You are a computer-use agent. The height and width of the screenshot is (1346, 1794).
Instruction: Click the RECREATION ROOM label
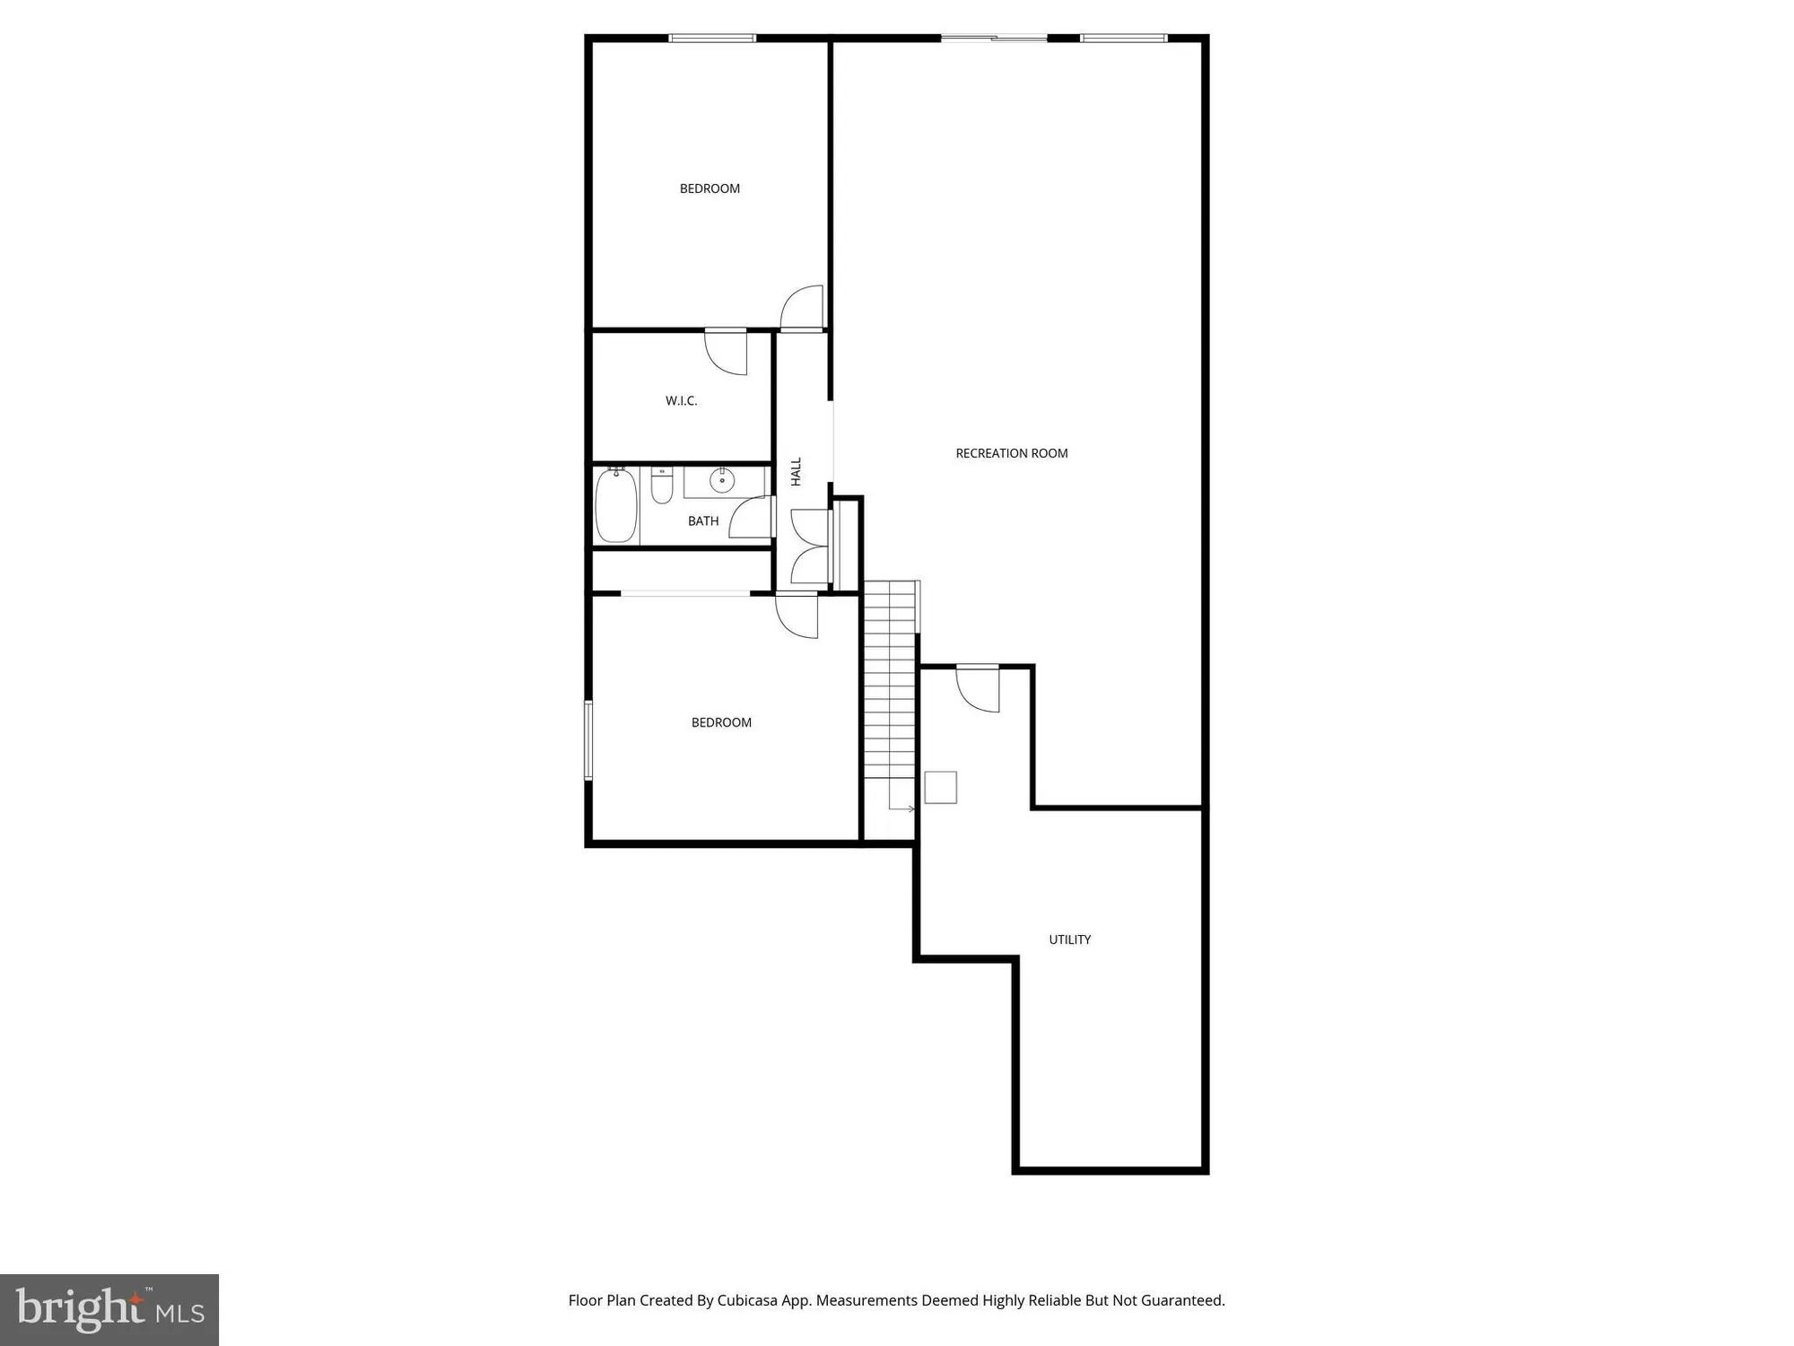pyautogui.click(x=1011, y=453)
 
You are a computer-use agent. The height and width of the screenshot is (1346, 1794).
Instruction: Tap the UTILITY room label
pyautogui.click(x=1069, y=940)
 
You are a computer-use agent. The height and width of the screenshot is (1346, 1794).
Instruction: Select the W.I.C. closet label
pyautogui.click(x=681, y=401)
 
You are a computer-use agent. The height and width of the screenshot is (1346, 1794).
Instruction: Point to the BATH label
pyautogui.click(x=703, y=521)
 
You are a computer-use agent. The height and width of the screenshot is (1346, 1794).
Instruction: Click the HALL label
pyautogui.click(x=796, y=472)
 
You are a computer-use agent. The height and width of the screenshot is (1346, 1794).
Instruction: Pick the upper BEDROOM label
pyautogui.click(x=710, y=188)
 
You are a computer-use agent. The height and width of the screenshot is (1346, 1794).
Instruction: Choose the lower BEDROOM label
pyautogui.click(x=721, y=722)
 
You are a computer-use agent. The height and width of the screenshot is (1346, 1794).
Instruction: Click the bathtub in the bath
pyautogui.click(x=616, y=505)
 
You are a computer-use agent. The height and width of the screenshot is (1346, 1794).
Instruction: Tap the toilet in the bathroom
pyautogui.click(x=662, y=485)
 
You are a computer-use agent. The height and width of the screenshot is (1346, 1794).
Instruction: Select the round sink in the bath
pyautogui.click(x=722, y=481)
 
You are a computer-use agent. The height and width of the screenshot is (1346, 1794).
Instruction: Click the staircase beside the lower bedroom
pyautogui.click(x=889, y=691)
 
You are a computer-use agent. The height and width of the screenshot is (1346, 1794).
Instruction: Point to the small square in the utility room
pyautogui.click(x=941, y=787)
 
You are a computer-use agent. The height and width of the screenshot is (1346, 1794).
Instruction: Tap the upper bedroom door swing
pyautogui.click(x=804, y=308)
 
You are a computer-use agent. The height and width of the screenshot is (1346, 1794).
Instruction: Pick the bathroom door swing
pyautogui.click(x=753, y=518)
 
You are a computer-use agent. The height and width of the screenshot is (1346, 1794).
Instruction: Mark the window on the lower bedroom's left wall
pyautogui.click(x=588, y=740)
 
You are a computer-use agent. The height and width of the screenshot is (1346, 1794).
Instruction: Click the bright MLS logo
pyautogui.click(x=109, y=1309)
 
